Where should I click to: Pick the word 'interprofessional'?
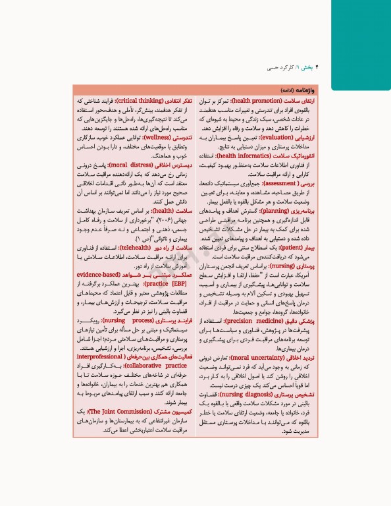tap(101, 359)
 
